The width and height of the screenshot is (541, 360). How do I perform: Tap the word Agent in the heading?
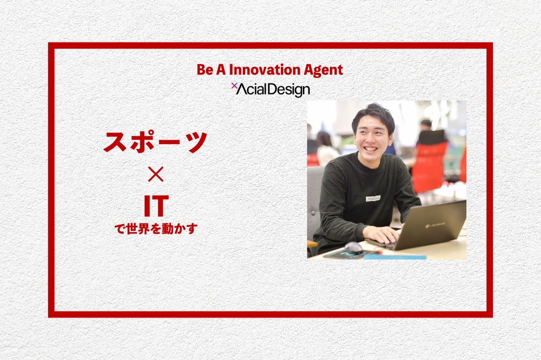click(319, 71)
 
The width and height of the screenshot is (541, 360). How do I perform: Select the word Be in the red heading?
click(205, 70)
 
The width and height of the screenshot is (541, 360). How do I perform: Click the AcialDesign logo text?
click(273, 90)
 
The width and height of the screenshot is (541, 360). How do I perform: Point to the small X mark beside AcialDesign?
click(234, 85)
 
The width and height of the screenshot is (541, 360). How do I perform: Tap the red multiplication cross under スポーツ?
click(156, 174)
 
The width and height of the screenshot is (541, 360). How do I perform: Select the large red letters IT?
click(156, 206)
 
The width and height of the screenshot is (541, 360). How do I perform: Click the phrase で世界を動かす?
click(156, 229)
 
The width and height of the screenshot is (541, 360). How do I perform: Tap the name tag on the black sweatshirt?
click(373, 198)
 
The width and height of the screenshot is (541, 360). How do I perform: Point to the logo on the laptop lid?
click(435, 225)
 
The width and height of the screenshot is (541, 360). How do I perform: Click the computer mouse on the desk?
click(353, 247)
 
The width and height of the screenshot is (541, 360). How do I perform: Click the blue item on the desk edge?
click(395, 257)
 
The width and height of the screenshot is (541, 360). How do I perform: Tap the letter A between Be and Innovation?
click(221, 70)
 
